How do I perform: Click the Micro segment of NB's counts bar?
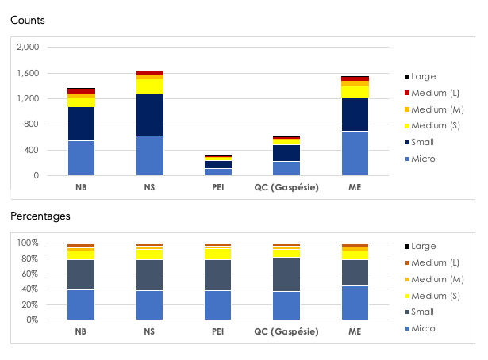pos(81,158)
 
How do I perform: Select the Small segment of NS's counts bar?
pos(149,115)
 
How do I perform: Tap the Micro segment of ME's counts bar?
pos(355,153)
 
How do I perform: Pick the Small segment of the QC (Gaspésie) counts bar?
pos(286,153)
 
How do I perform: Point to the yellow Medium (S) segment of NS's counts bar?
pos(149,86)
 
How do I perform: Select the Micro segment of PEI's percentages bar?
pos(217,305)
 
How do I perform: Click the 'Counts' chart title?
pos(27,20)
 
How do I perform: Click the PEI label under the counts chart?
pos(217,188)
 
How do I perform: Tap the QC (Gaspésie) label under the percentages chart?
pos(286,332)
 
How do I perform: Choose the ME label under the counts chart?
pos(355,188)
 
